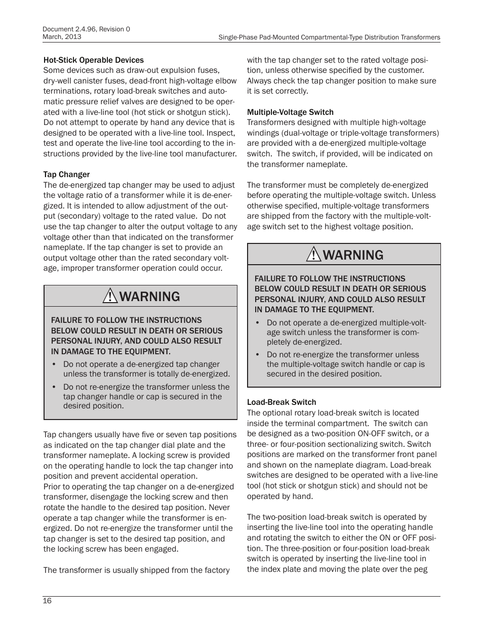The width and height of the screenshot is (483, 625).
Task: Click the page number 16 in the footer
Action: click(47, 601)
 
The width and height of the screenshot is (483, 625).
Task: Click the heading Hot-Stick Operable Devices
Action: click(93, 60)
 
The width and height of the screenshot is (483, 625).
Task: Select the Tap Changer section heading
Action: click(66, 174)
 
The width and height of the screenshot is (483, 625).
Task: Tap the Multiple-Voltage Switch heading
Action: click(290, 112)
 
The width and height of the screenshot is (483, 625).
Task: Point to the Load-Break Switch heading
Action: click(281, 402)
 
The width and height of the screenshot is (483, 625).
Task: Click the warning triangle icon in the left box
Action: click(109, 296)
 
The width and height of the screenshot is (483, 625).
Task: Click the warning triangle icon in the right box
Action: click(313, 255)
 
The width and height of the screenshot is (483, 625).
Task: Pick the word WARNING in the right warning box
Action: click(353, 255)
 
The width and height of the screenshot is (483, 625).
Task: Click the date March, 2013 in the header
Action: click(62, 37)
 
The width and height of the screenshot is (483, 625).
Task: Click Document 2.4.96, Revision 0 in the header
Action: click(87, 29)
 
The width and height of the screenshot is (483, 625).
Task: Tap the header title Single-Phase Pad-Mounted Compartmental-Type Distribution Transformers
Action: click(329, 37)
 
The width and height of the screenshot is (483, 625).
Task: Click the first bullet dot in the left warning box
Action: click(54, 364)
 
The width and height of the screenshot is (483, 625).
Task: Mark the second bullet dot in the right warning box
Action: click(257, 355)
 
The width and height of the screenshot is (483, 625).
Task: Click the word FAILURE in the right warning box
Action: click(272, 278)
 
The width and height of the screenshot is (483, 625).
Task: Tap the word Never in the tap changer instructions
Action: click(220, 507)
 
